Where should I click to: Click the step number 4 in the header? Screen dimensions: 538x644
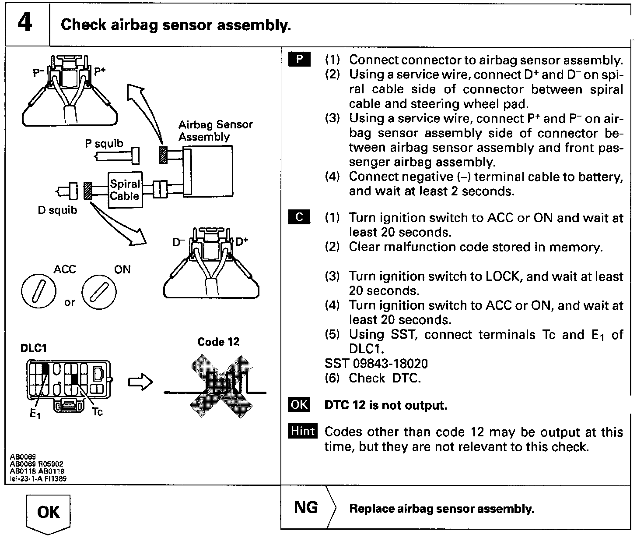pos(25,23)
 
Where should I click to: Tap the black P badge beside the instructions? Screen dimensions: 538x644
pos(299,60)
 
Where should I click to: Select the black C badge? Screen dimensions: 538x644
pos(299,217)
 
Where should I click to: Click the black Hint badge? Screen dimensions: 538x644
pos(303,431)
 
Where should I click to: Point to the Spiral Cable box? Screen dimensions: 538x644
pos(125,190)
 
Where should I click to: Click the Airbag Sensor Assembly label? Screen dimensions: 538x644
pos(215,131)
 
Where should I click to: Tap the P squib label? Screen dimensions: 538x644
pos(104,144)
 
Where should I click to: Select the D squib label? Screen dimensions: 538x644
pos(57,210)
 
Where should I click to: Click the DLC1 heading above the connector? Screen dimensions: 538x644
pos(33,348)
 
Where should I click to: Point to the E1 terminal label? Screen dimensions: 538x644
pos(35,413)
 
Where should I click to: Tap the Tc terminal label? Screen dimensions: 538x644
pos(97,412)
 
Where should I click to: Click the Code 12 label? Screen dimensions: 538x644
pos(218,342)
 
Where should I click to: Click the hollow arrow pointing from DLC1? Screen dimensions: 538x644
pos(140,382)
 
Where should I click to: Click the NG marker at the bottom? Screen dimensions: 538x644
pos(306,507)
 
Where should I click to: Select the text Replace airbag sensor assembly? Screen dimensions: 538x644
pos(441,509)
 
